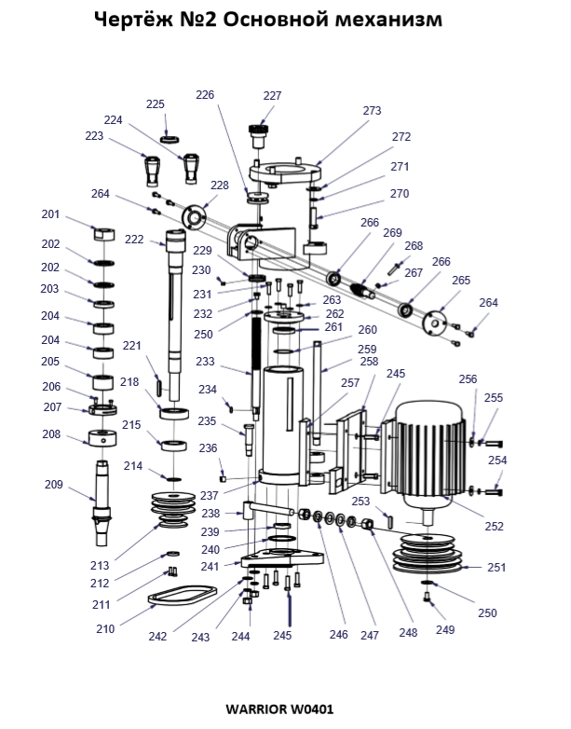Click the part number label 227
tap(272, 96)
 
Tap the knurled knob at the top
tap(259, 135)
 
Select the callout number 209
tap(54, 485)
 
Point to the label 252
tap(494, 527)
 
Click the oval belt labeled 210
tap(183, 597)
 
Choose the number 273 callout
tap(372, 111)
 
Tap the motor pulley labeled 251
tap(428, 553)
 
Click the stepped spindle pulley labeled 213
tap(174, 510)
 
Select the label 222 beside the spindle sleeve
tap(134, 240)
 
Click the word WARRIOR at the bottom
tap(256, 709)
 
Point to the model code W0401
tap(312, 709)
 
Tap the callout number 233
tap(205, 362)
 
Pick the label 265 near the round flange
tap(461, 281)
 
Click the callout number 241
tap(210, 567)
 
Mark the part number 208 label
tap(51, 434)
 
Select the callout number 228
tap(220, 186)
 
